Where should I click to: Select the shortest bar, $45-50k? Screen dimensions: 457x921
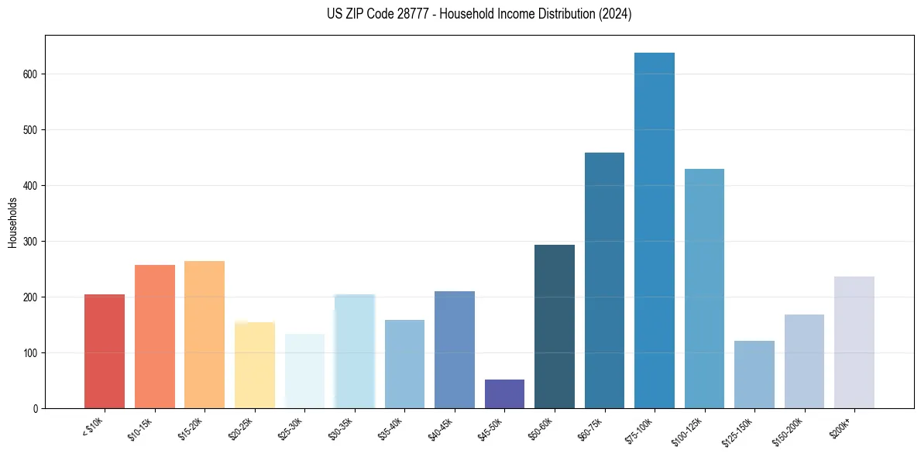pos(504,393)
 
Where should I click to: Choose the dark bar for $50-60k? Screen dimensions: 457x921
pos(555,326)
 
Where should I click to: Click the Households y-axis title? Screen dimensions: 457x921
pos(13,222)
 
